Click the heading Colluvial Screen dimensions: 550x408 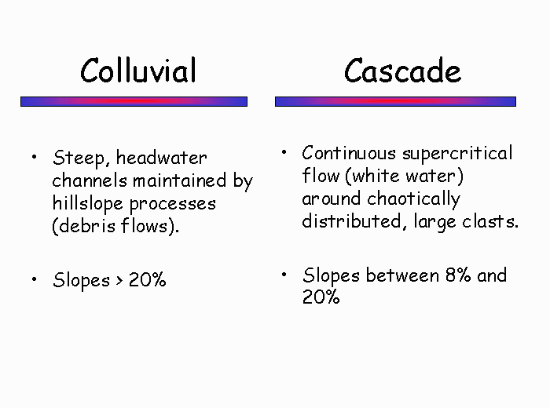[138, 71]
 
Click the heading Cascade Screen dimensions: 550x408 [402, 71]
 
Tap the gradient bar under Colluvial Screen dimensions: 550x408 [134, 101]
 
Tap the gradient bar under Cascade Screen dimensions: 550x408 [396, 101]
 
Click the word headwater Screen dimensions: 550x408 [162, 158]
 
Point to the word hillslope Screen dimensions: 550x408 [88, 204]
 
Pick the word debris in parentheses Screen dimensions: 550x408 [87, 226]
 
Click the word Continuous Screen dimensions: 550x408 [349, 153]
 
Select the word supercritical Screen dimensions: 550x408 [457, 154]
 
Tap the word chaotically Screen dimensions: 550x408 [414, 199]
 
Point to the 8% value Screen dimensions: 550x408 [458, 275]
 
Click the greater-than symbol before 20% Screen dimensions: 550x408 [119, 281]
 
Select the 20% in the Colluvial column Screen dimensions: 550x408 [148, 280]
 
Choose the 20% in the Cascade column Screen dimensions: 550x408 [321, 297]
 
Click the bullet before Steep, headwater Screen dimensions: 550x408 [34, 157]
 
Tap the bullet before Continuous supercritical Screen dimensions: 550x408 [284, 152]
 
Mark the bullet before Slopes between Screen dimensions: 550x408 [284, 275]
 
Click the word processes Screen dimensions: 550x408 [173, 205]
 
